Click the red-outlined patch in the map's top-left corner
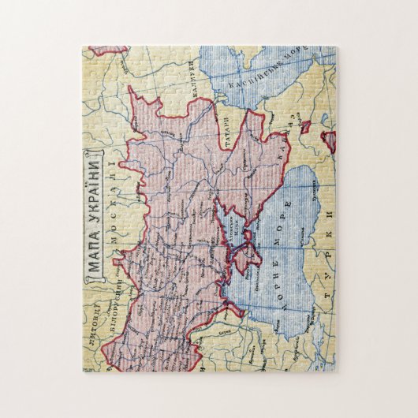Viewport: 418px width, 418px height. click(106, 50)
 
